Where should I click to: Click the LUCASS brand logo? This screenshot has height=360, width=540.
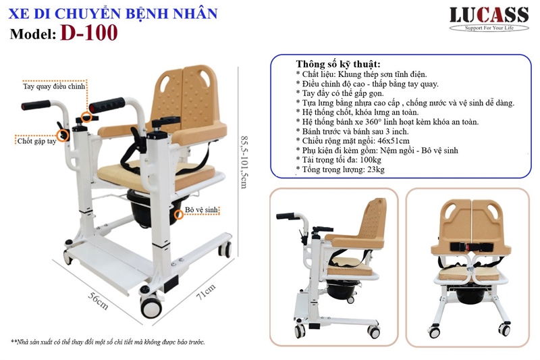coord(489,19)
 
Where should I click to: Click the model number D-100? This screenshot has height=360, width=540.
coord(89,33)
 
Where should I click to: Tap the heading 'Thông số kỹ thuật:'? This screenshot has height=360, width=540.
coord(338,64)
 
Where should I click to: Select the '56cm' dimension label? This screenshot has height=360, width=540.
coord(99,301)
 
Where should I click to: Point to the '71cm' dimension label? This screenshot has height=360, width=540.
coord(206,292)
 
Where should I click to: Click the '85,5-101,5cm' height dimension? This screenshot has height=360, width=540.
coord(244,162)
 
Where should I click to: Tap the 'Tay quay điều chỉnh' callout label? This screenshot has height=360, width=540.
coord(54,86)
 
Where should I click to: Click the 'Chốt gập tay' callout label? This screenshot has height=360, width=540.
coord(37,141)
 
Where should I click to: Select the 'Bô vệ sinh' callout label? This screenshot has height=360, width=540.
coord(201,209)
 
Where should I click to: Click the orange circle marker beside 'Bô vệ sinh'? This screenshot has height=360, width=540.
coord(178,214)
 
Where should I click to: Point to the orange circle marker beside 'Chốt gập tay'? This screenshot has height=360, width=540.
coord(62,135)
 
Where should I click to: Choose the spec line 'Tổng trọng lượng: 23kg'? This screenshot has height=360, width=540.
coord(340,170)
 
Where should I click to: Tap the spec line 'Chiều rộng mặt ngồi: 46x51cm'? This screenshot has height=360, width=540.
coord(352,140)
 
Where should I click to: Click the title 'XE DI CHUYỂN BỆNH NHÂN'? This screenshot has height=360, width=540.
coord(113,14)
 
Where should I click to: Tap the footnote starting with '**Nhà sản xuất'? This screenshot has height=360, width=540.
coord(108,342)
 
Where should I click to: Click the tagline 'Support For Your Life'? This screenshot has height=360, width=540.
coord(489,28)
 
